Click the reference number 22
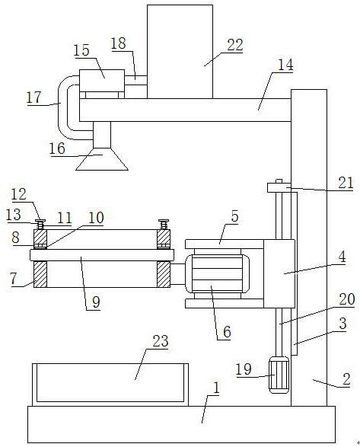click(x=235, y=45)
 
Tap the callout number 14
click(x=285, y=65)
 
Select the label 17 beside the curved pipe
click(x=34, y=97)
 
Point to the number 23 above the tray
click(x=161, y=341)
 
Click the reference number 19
click(x=244, y=369)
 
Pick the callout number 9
click(x=96, y=302)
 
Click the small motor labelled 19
click(x=279, y=375)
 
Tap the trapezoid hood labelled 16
click(x=102, y=159)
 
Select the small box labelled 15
click(x=102, y=81)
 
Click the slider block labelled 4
click(x=279, y=273)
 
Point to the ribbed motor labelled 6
click(x=217, y=273)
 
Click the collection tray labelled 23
click(x=110, y=385)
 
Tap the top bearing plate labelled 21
click(x=279, y=187)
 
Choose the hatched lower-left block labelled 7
click(x=40, y=274)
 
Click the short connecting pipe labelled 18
click(x=136, y=81)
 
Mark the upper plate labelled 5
click(x=225, y=244)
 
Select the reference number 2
click(x=346, y=379)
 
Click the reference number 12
click(x=19, y=194)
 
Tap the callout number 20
click(x=347, y=299)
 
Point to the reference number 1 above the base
click(x=216, y=388)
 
